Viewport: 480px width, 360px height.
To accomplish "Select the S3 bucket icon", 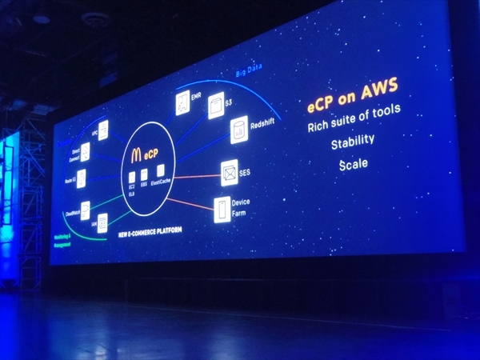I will [x=216, y=106].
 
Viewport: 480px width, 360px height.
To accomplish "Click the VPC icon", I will [x=103, y=130].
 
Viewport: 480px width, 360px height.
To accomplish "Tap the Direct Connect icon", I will [x=85, y=151].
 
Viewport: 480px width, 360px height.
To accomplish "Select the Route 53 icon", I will [x=81, y=179].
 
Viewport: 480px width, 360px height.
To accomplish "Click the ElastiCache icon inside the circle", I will [x=161, y=171].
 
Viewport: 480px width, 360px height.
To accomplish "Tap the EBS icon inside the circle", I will [x=144, y=174].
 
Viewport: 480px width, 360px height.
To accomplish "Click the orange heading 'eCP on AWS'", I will [x=353, y=106].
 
